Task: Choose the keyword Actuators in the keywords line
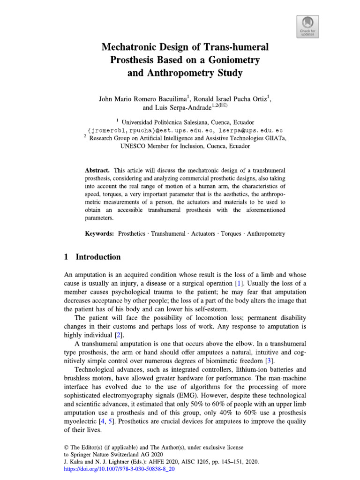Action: pyautogui.click(x=202, y=233)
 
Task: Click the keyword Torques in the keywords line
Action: pyautogui.click(x=231, y=233)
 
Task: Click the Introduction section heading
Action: pyautogui.click(x=98, y=257)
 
